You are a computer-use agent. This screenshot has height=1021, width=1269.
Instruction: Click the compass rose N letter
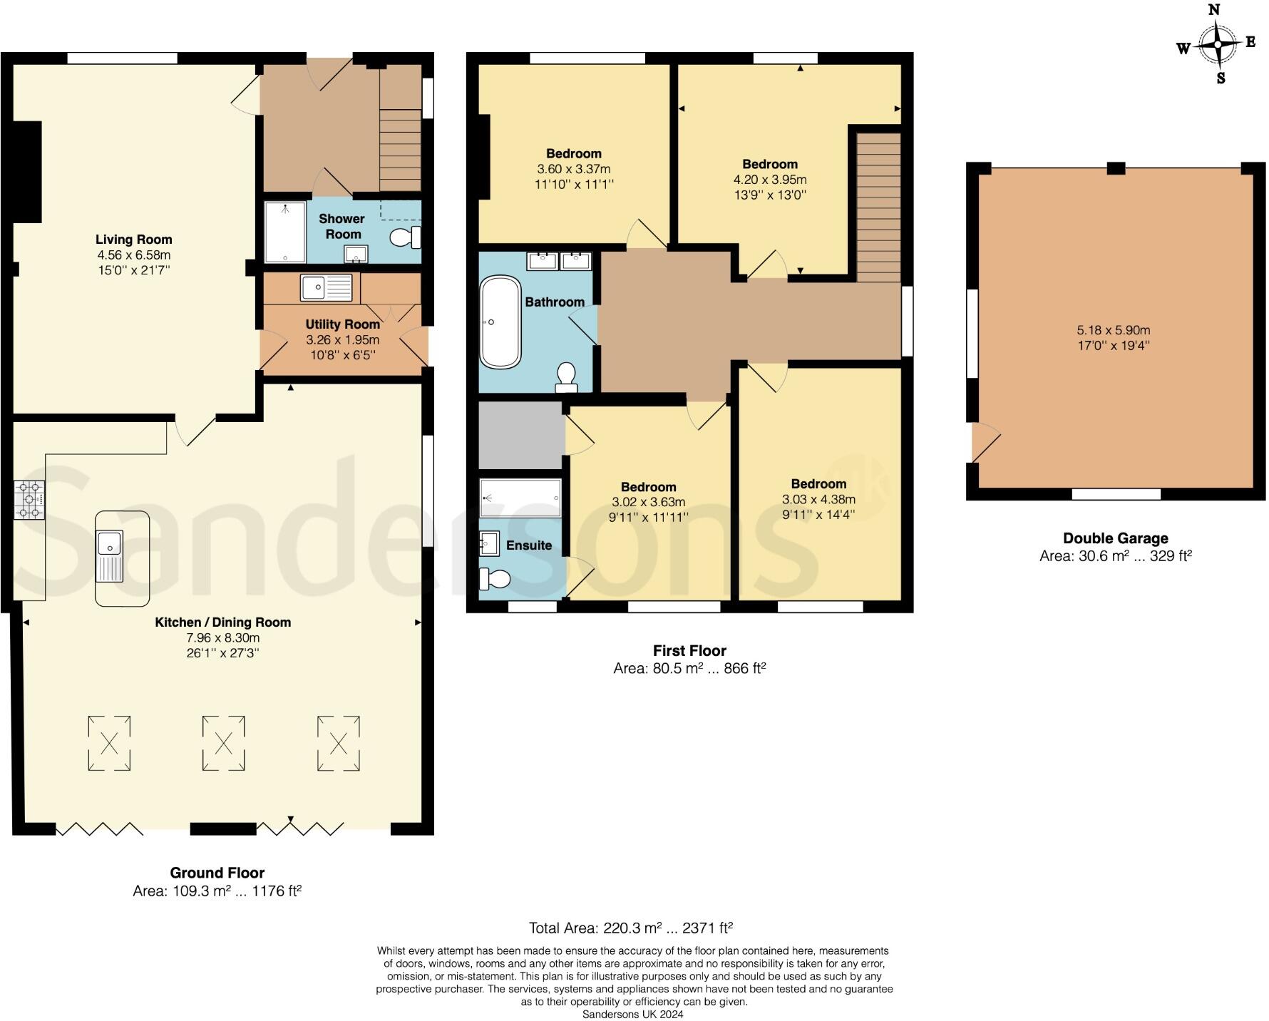coord(1214,10)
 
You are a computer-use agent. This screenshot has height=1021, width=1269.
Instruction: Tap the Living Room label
coord(134,240)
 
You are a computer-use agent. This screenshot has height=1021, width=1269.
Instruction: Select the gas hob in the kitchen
coord(29,500)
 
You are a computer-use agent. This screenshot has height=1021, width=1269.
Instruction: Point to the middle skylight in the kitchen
coord(223,744)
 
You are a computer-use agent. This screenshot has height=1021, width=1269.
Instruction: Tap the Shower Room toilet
coord(405,237)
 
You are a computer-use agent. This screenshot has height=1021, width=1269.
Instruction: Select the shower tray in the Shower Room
coord(284,232)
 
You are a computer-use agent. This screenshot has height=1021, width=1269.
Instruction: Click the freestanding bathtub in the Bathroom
coord(500,322)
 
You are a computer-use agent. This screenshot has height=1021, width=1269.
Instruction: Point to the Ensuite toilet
coord(495,578)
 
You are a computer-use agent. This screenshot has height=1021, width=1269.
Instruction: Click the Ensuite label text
coord(529,545)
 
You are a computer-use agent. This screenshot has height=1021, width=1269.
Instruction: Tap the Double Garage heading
coord(1115,538)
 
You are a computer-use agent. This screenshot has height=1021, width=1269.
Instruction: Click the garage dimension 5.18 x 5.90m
coord(1113,330)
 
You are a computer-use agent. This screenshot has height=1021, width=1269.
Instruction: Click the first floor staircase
coord(878,207)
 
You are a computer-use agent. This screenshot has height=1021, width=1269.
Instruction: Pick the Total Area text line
coord(630,928)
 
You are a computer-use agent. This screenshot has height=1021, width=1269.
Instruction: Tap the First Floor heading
coord(689,650)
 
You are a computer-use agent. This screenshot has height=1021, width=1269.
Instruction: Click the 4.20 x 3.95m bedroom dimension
coord(769,180)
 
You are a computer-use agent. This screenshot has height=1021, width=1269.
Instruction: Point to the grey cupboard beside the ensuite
coord(520,435)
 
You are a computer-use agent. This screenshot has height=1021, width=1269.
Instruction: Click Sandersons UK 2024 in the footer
coord(632,1014)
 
